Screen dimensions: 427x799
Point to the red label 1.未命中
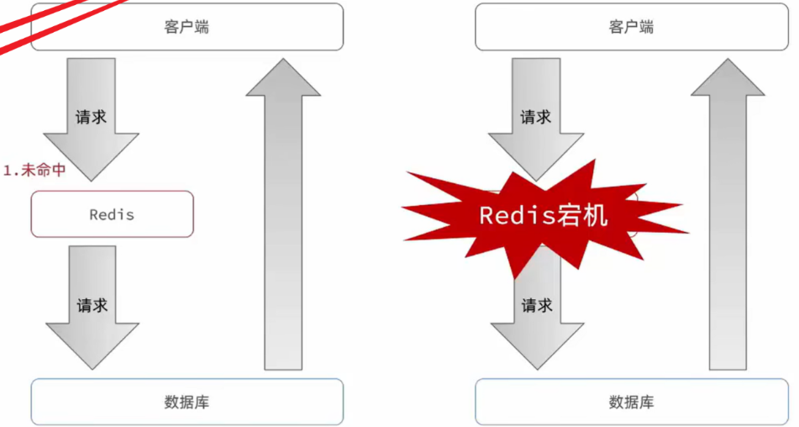coord(34,170)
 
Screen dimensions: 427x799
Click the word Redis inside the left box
coord(112,214)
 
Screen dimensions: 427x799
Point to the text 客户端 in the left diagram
coord(187,27)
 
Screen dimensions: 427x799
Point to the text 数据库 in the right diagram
coord(631,402)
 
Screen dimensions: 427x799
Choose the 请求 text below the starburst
coord(537,305)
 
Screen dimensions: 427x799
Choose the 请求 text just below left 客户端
coord(91,117)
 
